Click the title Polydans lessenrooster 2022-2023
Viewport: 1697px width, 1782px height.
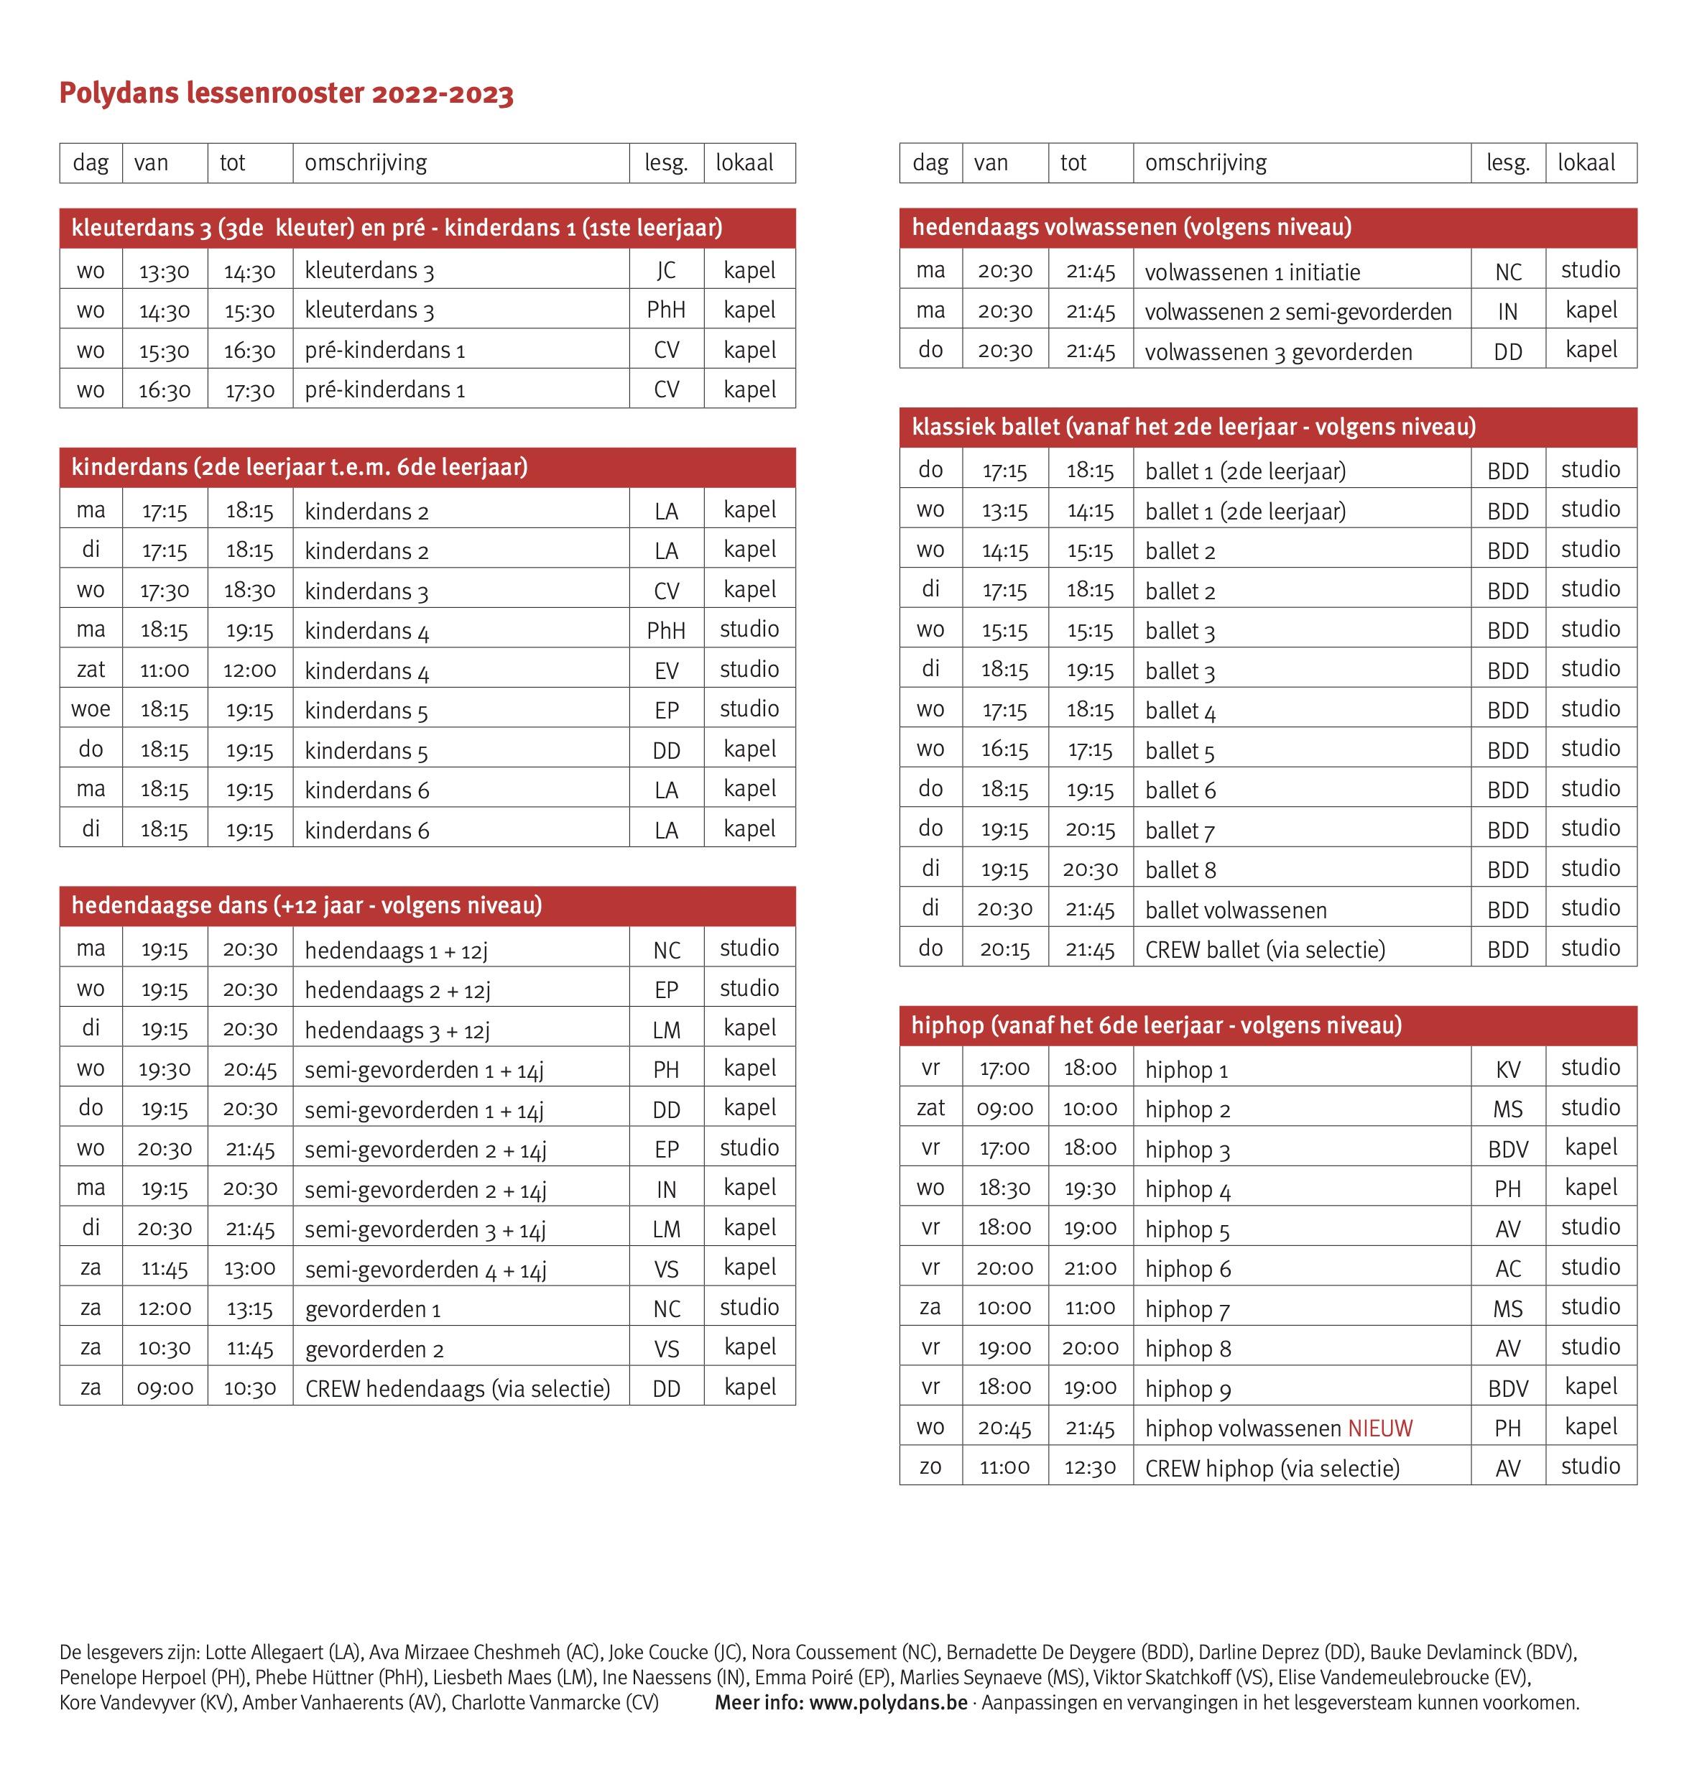tap(286, 93)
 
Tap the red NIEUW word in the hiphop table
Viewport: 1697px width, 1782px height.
tap(1379, 1428)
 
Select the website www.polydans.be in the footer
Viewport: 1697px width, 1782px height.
tap(887, 1702)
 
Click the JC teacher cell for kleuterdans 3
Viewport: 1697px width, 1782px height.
tap(666, 269)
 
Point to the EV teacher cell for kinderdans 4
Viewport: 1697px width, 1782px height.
tap(666, 670)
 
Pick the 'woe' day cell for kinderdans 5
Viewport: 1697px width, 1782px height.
tap(91, 709)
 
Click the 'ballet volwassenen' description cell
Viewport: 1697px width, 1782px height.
tap(1236, 910)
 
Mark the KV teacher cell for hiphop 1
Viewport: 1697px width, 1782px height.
tap(1507, 1069)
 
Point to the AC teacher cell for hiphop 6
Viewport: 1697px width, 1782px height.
tap(1507, 1268)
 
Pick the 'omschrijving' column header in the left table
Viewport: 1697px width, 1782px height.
tap(366, 163)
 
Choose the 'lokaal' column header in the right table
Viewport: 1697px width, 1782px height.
tap(1586, 163)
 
